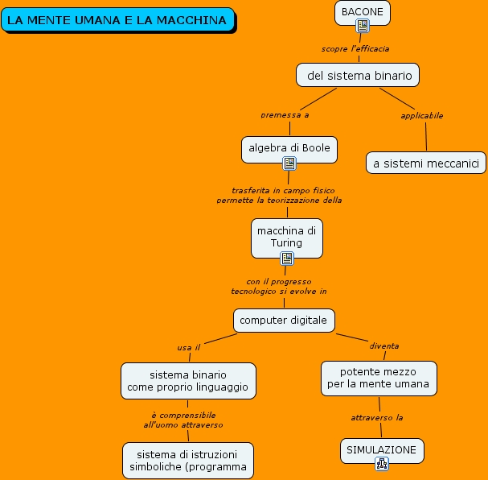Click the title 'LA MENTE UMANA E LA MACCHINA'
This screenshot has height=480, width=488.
[117, 20]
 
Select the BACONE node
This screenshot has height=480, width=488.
[362, 11]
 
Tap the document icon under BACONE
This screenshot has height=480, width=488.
[363, 27]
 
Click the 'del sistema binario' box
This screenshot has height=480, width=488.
[359, 76]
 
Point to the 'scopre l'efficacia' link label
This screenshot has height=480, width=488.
[355, 49]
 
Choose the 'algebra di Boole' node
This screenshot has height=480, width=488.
[289, 147]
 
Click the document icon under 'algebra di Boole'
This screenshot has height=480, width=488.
[289, 163]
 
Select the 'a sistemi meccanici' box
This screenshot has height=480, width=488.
[426, 163]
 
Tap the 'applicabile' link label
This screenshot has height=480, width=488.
[422, 115]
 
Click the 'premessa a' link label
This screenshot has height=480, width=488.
[285, 115]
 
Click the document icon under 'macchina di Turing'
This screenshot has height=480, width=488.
[287, 259]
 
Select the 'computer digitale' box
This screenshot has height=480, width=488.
[284, 320]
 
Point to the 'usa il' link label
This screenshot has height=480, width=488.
[188, 347]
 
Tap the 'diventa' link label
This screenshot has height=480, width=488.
[383, 346]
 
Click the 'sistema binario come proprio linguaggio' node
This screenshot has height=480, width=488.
[188, 381]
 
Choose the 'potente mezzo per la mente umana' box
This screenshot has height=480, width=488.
[379, 378]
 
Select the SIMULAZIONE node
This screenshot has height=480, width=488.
[381, 449]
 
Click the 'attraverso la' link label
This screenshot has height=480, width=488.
[376, 417]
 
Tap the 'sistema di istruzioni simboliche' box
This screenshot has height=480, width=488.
[188, 461]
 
